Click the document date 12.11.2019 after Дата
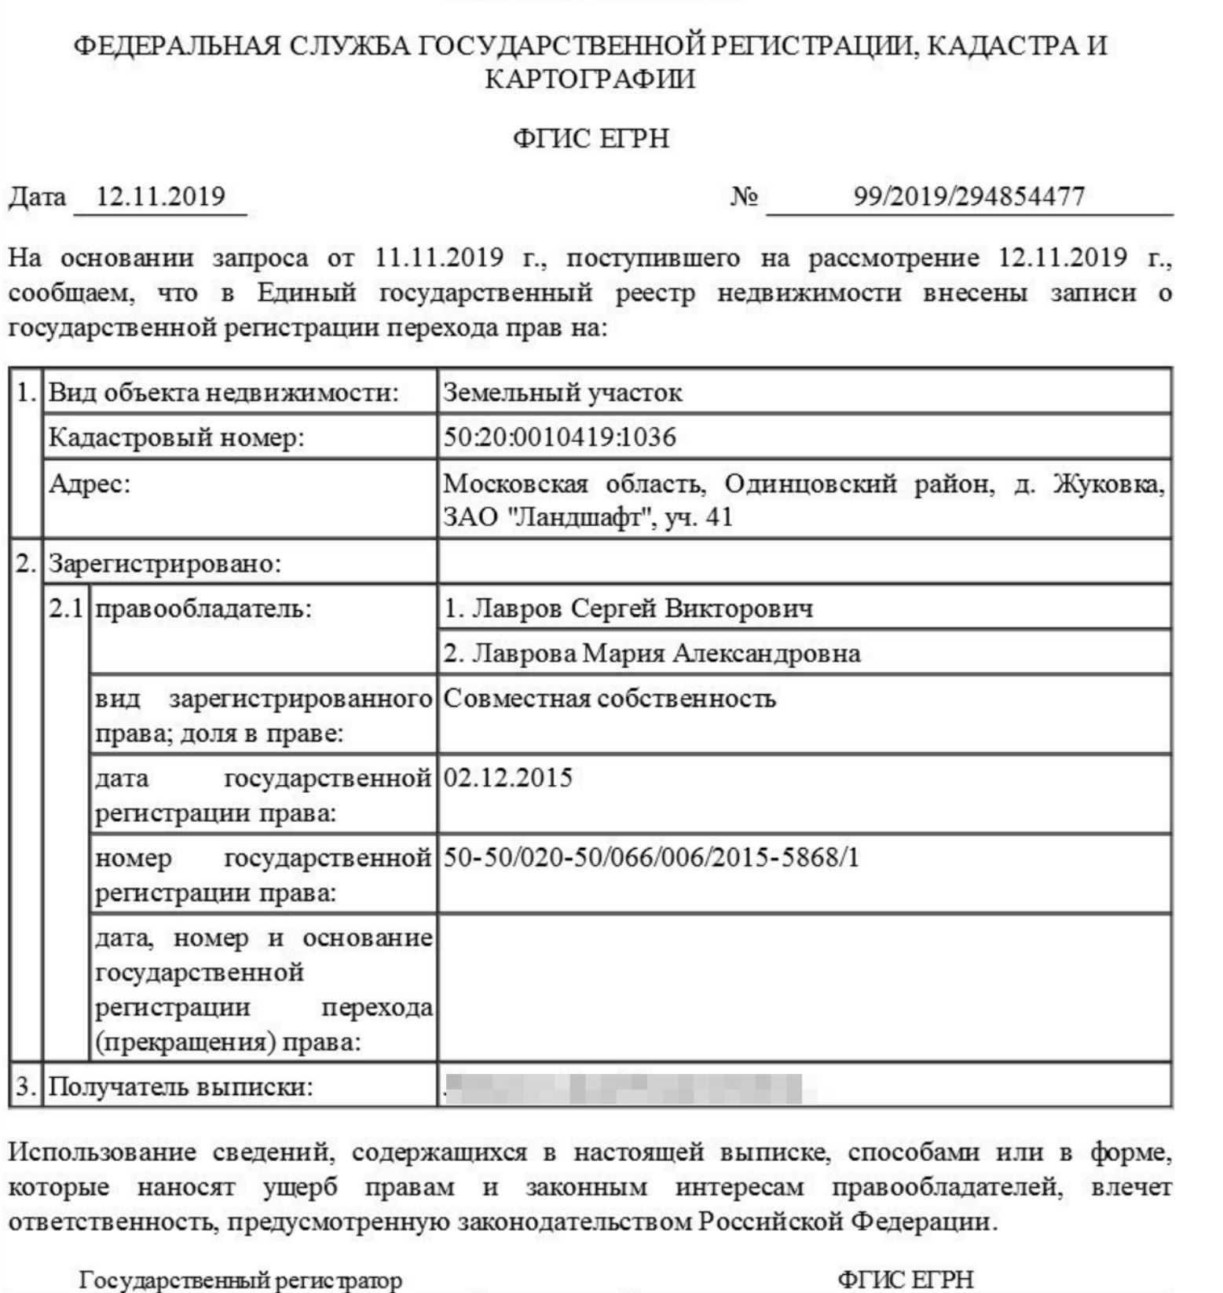pyautogui.click(x=160, y=195)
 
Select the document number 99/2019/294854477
pyautogui.click(x=969, y=195)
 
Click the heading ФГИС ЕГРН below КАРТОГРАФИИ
pyautogui.click(x=591, y=139)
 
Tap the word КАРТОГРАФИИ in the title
pyautogui.click(x=591, y=79)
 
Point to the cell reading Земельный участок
pyautogui.click(x=562, y=392)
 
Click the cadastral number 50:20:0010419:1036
pyautogui.click(x=559, y=436)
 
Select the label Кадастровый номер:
pyautogui.click(x=176, y=436)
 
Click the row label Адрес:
pyautogui.click(x=90, y=484)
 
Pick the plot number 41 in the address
pyautogui.click(x=719, y=517)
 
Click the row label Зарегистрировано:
pyautogui.click(x=165, y=563)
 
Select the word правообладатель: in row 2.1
pyautogui.click(x=203, y=608)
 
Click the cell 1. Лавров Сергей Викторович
pyautogui.click(x=628, y=608)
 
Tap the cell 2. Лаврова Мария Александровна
pyautogui.click(x=652, y=653)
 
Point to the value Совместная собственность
pyautogui.click(x=610, y=698)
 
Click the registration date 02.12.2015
pyautogui.click(x=508, y=778)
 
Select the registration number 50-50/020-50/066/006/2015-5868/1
pyautogui.click(x=651, y=857)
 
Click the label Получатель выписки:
pyautogui.click(x=181, y=1087)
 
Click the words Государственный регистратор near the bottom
pyautogui.click(x=240, y=1280)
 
